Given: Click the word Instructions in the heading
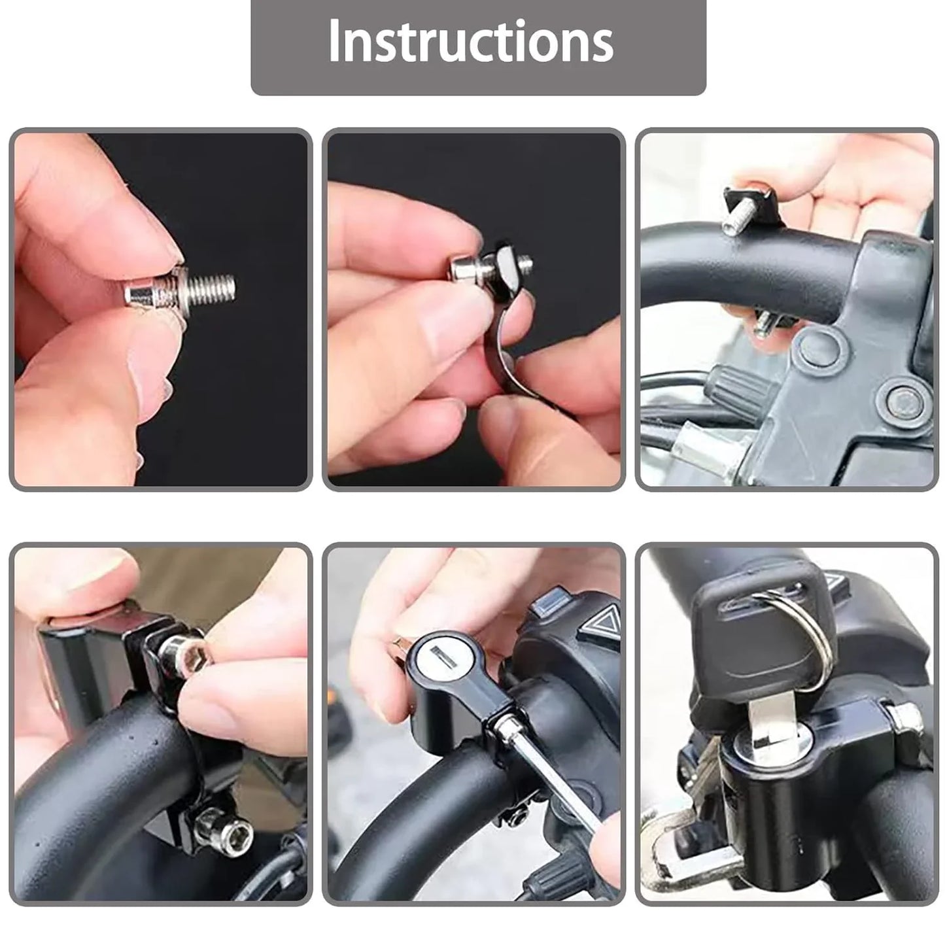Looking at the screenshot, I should (471, 41).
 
